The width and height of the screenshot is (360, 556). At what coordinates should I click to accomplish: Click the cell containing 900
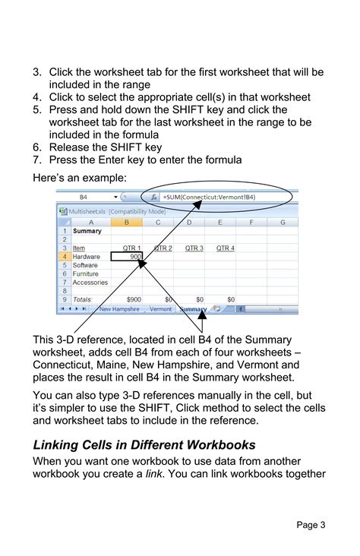128,257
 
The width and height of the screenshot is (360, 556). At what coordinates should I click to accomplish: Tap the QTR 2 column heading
163,248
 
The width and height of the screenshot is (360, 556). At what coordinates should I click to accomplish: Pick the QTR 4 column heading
225,248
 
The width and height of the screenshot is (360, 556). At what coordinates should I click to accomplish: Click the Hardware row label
86,257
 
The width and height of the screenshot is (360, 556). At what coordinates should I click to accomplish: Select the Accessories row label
90,283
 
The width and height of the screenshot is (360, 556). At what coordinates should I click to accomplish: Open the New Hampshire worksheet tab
121,309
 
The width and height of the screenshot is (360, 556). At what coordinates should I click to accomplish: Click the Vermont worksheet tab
160,309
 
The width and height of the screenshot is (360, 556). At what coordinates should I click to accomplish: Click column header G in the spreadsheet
283,222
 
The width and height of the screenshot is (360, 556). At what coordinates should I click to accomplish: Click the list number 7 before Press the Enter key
36,160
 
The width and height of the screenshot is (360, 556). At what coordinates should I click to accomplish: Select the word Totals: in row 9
83,300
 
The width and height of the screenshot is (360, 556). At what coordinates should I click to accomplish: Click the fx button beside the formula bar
153,197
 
